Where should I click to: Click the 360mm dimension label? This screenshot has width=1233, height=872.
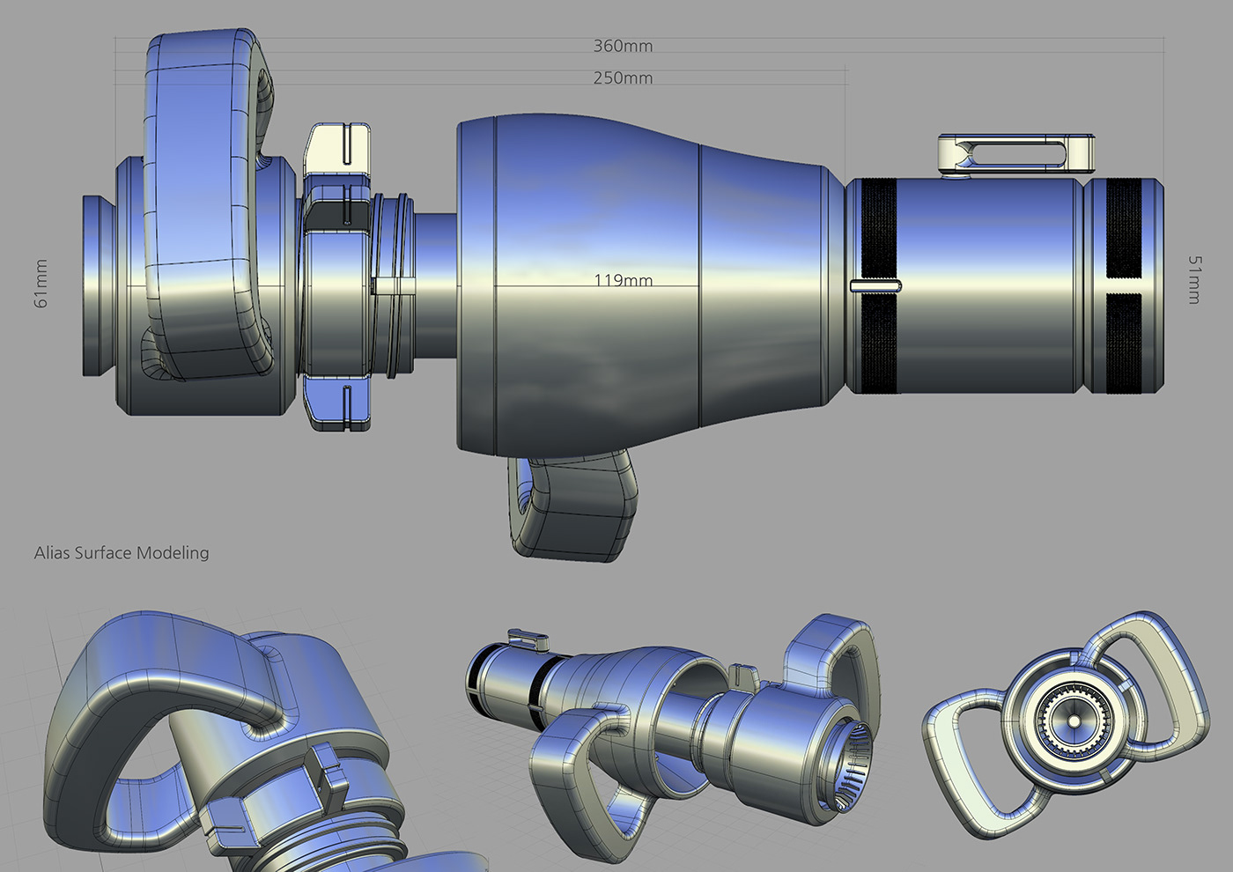(x=623, y=46)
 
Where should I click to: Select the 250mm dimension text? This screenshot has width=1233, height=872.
(x=623, y=78)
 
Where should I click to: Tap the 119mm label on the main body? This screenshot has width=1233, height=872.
(x=623, y=280)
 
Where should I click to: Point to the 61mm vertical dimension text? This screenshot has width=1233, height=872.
(x=41, y=284)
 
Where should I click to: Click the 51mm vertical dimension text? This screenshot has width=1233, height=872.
(x=1193, y=280)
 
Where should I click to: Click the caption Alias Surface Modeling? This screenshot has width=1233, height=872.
(x=122, y=553)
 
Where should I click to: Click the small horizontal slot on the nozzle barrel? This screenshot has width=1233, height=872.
(x=875, y=285)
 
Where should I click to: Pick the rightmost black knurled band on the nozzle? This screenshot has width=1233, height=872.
(x=1124, y=286)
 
